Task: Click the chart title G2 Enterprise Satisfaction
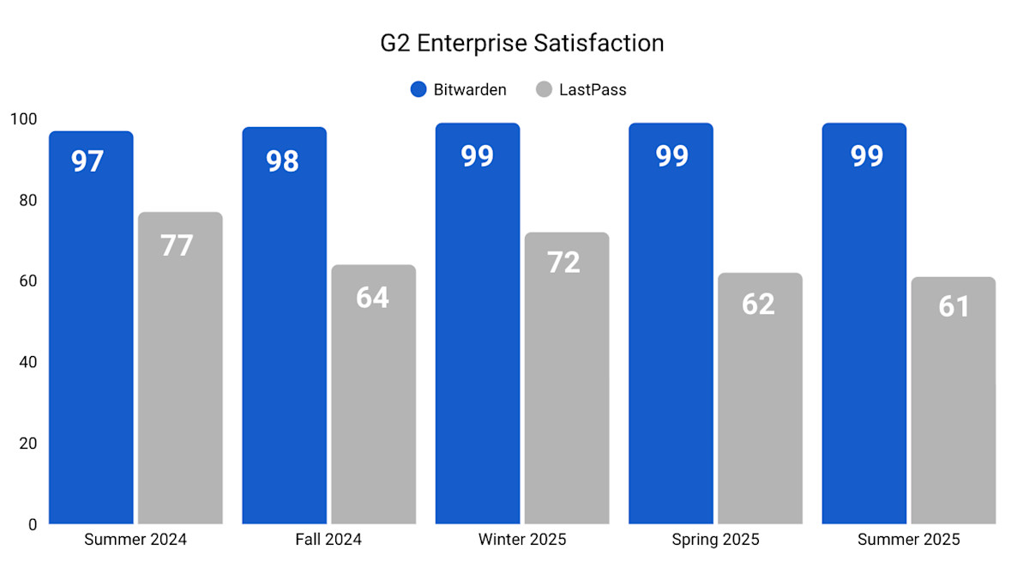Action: pyautogui.click(x=522, y=43)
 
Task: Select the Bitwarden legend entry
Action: pyautogui.click(x=459, y=89)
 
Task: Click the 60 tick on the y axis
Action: pyautogui.click(x=27, y=281)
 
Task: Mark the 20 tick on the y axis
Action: pyautogui.click(x=27, y=443)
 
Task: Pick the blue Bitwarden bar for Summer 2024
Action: pyautogui.click(x=91, y=343)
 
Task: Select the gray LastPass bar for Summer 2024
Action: pyautogui.click(x=180, y=386)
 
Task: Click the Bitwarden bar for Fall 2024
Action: pyautogui.click(x=285, y=343)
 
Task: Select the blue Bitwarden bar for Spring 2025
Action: pyautogui.click(x=671, y=343)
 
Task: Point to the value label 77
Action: pyautogui.click(x=178, y=245)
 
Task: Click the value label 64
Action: pyautogui.click(x=372, y=298)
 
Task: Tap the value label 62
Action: pyautogui.click(x=758, y=305)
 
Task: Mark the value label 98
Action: pyautogui.click(x=282, y=160)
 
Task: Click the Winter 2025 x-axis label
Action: pyautogui.click(x=522, y=540)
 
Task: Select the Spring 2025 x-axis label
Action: pyautogui.click(x=715, y=540)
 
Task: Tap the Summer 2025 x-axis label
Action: pyautogui.click(x=909, y=540)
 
